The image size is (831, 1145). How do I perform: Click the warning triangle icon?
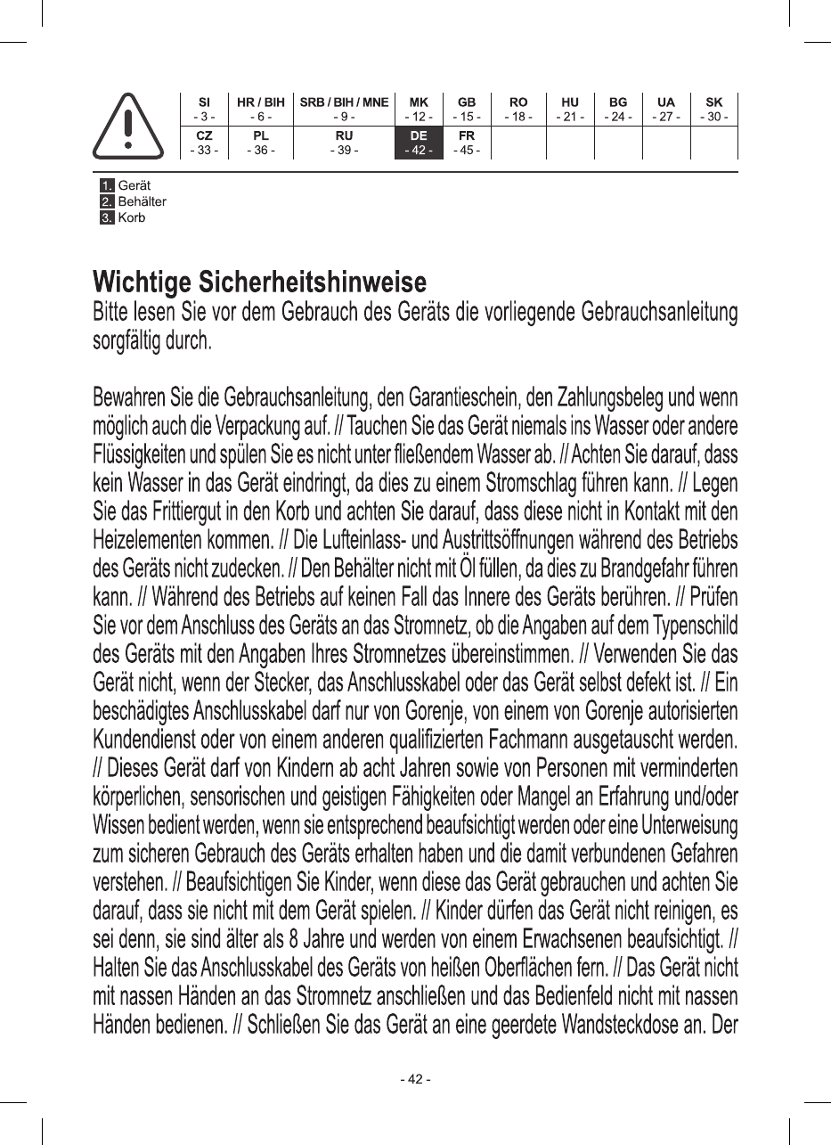tap(128, 126)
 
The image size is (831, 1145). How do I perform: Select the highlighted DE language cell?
tap(419, 143)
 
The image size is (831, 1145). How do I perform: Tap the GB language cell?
tap(466, 109)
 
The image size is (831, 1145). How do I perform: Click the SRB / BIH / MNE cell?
tap(344, 109)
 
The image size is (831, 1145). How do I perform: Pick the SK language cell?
tap(713, 109)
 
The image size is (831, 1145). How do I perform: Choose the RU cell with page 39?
tap(344, 143)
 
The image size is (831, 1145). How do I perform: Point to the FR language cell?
tap(466, 143)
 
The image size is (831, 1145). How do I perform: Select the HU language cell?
tap(570, 109)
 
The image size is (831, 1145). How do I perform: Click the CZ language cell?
tap(204, 143)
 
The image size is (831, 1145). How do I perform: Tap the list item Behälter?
tap(142, 201)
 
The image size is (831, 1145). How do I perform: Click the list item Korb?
tap(132, 217)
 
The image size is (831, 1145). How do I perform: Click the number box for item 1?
tap(107, 185)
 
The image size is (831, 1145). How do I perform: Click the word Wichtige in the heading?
tap(143, 283)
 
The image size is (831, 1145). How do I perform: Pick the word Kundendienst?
tap(154, 740)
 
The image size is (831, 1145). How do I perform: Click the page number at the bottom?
tap(415, 1079)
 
